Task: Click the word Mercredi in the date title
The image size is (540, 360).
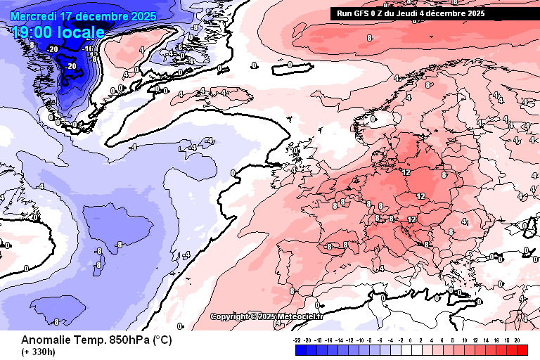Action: pyautogui.click(x=34, y=15)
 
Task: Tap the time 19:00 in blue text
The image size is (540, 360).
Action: pyautogui.click(x=34, y=32)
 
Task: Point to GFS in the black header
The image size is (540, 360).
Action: pyautogui.click(x=361, y=13)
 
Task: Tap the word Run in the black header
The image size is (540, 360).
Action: pyautogui.click(x=345, y=13)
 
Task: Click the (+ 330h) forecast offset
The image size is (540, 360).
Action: pyautogui.click(x=39, y=352)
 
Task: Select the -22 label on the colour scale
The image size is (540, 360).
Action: pyautogui.click(x=298, y=340)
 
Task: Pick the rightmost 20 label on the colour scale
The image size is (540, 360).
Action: pyautogui.click(x=517, y=340)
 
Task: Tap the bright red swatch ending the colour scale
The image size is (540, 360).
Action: pyautogui.click(x=522, y=349)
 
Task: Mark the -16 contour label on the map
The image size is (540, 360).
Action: pyautogui.click(x=89, y=49)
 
